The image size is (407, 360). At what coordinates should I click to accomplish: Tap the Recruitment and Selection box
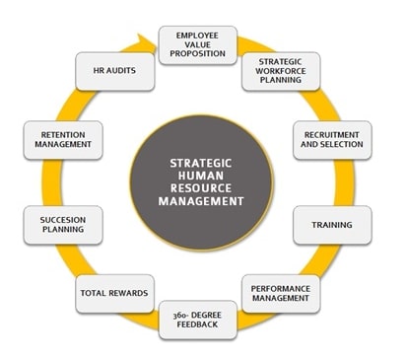coord(333,139)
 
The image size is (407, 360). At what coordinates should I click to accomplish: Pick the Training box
coord(332,225)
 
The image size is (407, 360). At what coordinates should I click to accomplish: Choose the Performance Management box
coord(280,292)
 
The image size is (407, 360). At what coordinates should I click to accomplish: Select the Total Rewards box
coord(114,293)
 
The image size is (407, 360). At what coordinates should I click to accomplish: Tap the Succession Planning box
coord(62,224)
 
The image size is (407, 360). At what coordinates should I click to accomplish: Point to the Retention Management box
coord(62,139)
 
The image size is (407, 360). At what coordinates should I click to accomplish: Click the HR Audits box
coord(113,71)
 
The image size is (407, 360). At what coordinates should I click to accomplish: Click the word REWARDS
coord(128,294)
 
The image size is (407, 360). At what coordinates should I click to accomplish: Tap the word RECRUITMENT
coord(333,133)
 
